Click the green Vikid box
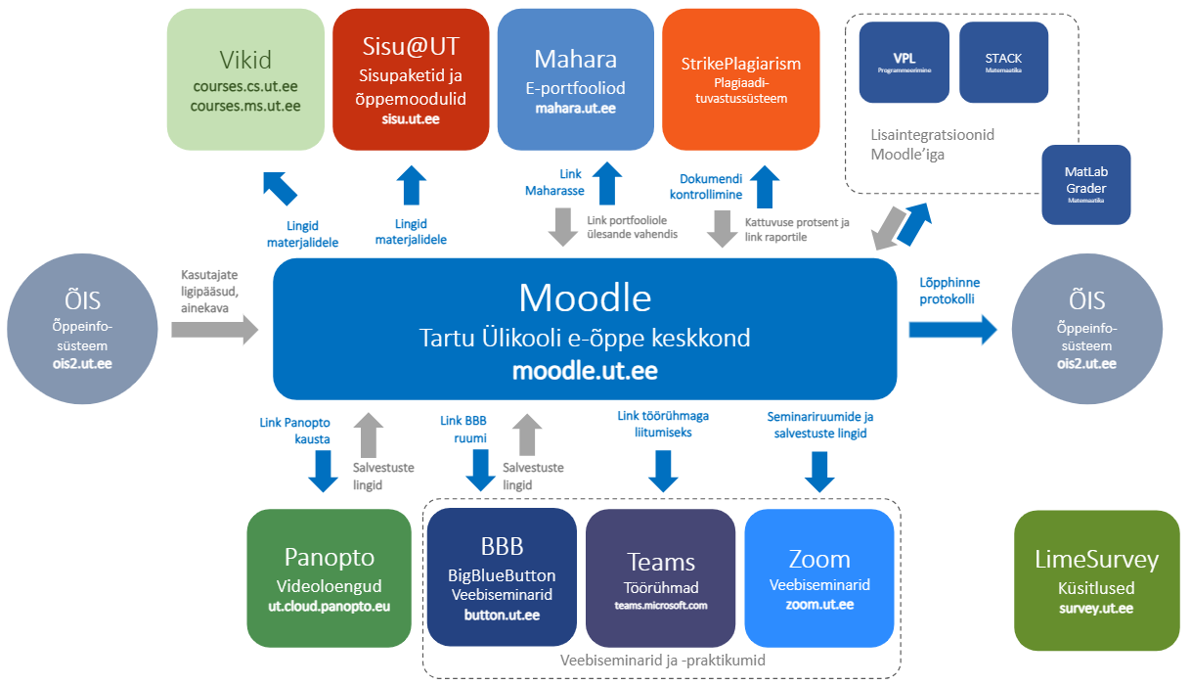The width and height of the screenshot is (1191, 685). [245, 79]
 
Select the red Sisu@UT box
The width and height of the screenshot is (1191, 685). [411, 79]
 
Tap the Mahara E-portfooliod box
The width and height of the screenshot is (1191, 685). [575, 79]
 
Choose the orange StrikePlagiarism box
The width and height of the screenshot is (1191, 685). [740, 79]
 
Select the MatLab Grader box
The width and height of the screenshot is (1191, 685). [1085, 184]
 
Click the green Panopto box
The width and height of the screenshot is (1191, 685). [329, 577]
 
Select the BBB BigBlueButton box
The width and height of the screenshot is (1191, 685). [502, 578]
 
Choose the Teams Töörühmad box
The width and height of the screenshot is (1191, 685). [660, 578]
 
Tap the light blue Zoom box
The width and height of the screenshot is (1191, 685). [818, 578]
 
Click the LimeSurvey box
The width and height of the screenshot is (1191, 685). [1096, 578]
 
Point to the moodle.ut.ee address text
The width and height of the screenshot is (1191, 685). [584, 372]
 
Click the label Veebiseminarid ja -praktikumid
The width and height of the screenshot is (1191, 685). [662, 661]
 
